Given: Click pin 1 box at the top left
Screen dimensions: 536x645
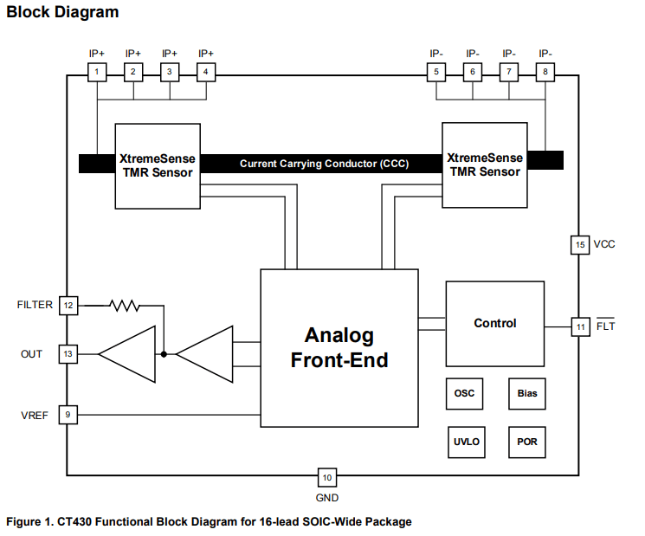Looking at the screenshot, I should coord(98,72).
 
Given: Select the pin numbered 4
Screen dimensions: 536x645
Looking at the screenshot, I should coord(206,72).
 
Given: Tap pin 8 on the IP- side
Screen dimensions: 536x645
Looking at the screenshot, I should coord(545,72).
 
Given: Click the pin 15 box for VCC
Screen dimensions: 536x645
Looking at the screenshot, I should coord(580,244).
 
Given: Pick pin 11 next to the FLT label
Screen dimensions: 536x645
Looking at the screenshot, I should coord(580,326).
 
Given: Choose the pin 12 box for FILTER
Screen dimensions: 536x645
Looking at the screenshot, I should coord(68,305).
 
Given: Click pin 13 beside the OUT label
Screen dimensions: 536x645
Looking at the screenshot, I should coord(68,353).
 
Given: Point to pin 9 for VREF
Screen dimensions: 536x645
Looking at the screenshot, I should coord(68,415).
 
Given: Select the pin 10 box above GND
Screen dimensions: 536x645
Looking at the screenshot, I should coord(326,477).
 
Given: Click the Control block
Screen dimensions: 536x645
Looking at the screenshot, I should coord(494,323).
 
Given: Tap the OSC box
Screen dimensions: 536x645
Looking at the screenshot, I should coord(464,393).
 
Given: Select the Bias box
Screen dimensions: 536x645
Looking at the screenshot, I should coord(526,393).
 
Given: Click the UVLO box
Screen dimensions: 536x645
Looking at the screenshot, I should coord(465,442).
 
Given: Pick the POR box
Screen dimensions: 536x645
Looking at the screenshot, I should coord(526,442).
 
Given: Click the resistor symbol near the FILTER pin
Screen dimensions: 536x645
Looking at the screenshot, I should coord(124,305).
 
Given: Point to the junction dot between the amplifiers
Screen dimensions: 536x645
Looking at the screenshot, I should coord(164,353).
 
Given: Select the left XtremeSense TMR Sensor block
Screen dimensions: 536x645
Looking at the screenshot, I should coord(158,165).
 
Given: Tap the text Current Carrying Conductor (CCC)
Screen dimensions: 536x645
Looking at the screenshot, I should coord(324,164).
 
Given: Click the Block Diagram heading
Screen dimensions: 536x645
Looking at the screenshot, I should coord(62,12).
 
